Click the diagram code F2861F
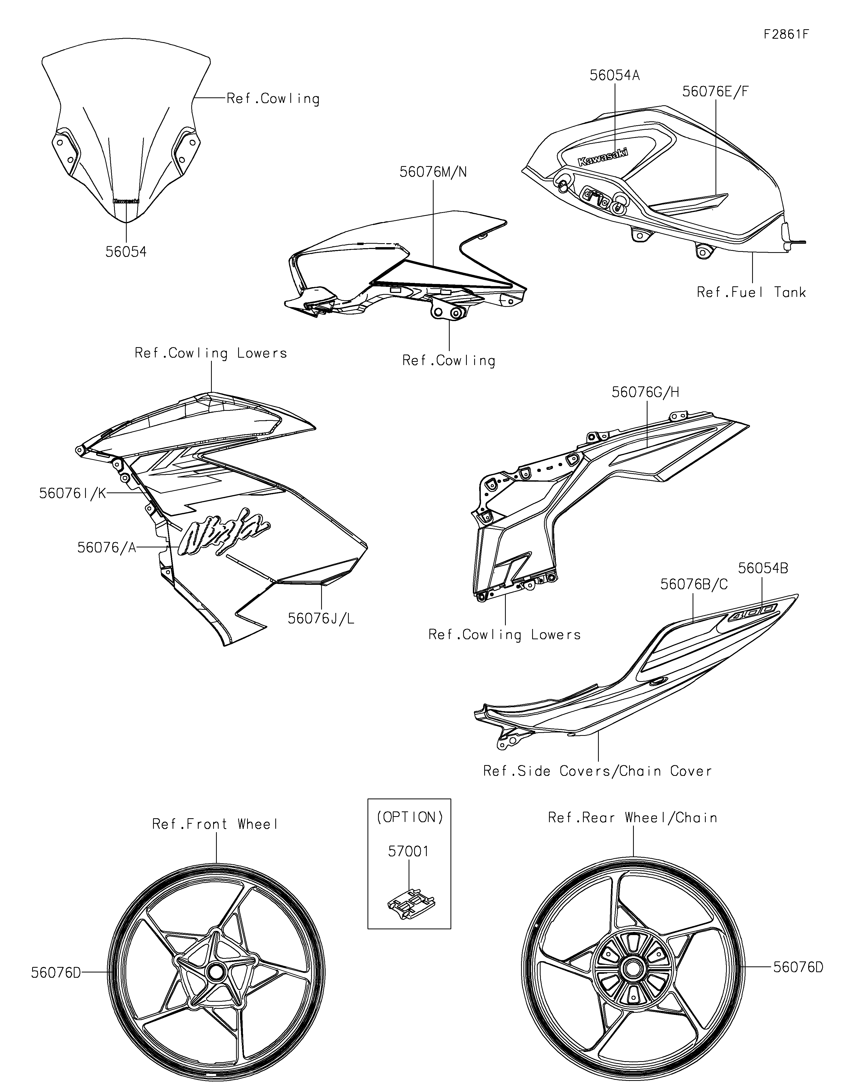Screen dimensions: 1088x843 click(x=786, y=35)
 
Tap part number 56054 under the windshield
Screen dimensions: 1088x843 click(x=126, y=252)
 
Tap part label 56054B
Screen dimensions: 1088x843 click(x=763, y=568)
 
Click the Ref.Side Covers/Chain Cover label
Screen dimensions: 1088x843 click(x=597, y=771)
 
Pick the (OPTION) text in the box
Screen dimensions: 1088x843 click(x=409, y=817)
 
